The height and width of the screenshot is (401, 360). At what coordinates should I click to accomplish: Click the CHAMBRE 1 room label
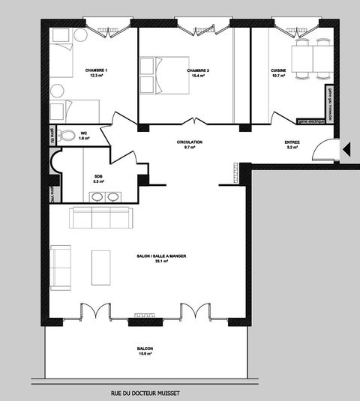point(97,70)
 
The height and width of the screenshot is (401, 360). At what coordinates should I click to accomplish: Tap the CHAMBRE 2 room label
point(198,70)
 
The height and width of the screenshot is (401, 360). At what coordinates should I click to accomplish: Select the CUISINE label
point(278,70)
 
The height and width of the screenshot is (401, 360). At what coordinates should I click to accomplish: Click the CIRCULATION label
point(189,142)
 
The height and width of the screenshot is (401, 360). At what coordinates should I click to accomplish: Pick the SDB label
point(98,177)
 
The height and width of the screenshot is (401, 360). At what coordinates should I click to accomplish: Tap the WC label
point(84,133)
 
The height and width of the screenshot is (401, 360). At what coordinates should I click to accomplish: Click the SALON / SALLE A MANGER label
point(161,256)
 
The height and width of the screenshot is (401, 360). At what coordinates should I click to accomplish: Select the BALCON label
point(145,349)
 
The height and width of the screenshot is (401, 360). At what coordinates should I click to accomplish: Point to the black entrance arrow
point(346,151)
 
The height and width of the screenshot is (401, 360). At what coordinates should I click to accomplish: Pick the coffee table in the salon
point(101,266)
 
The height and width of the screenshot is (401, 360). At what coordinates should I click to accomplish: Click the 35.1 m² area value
point(160,262)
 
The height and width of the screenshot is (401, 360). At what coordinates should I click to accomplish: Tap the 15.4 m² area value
point(198,76)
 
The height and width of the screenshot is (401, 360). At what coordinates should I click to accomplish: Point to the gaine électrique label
point(311,120)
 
